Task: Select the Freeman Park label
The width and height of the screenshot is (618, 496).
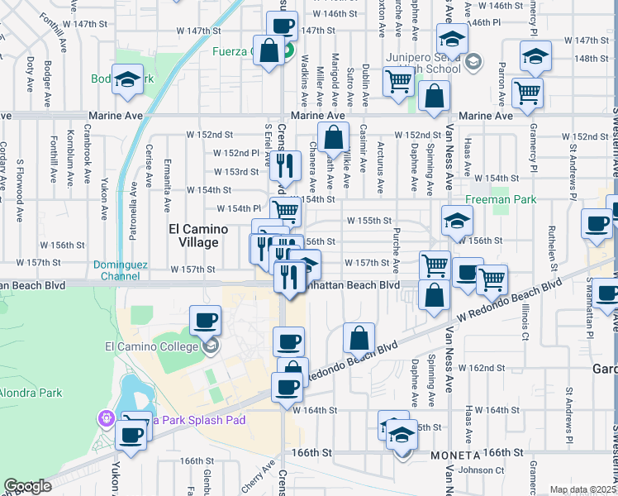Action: click(x=501, y=199)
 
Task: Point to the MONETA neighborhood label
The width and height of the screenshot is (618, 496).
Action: click(x=454, y=456)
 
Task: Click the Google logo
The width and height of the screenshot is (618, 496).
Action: click(x=27, y=486)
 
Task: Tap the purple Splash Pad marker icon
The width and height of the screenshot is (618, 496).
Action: click(x=106, y=419)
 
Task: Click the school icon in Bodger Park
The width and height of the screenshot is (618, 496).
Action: click(x=127, y=80)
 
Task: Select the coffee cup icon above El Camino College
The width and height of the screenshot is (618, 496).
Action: click(x=206, y=320)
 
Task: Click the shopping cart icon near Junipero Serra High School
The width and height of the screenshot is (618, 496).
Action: click(x=398, y=82)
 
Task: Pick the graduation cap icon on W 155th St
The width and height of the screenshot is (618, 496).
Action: click(x=454, y=221)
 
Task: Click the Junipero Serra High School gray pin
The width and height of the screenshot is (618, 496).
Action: click(x=473, y=60)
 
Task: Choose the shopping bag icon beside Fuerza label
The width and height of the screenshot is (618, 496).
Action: click(x=269, y=50)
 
